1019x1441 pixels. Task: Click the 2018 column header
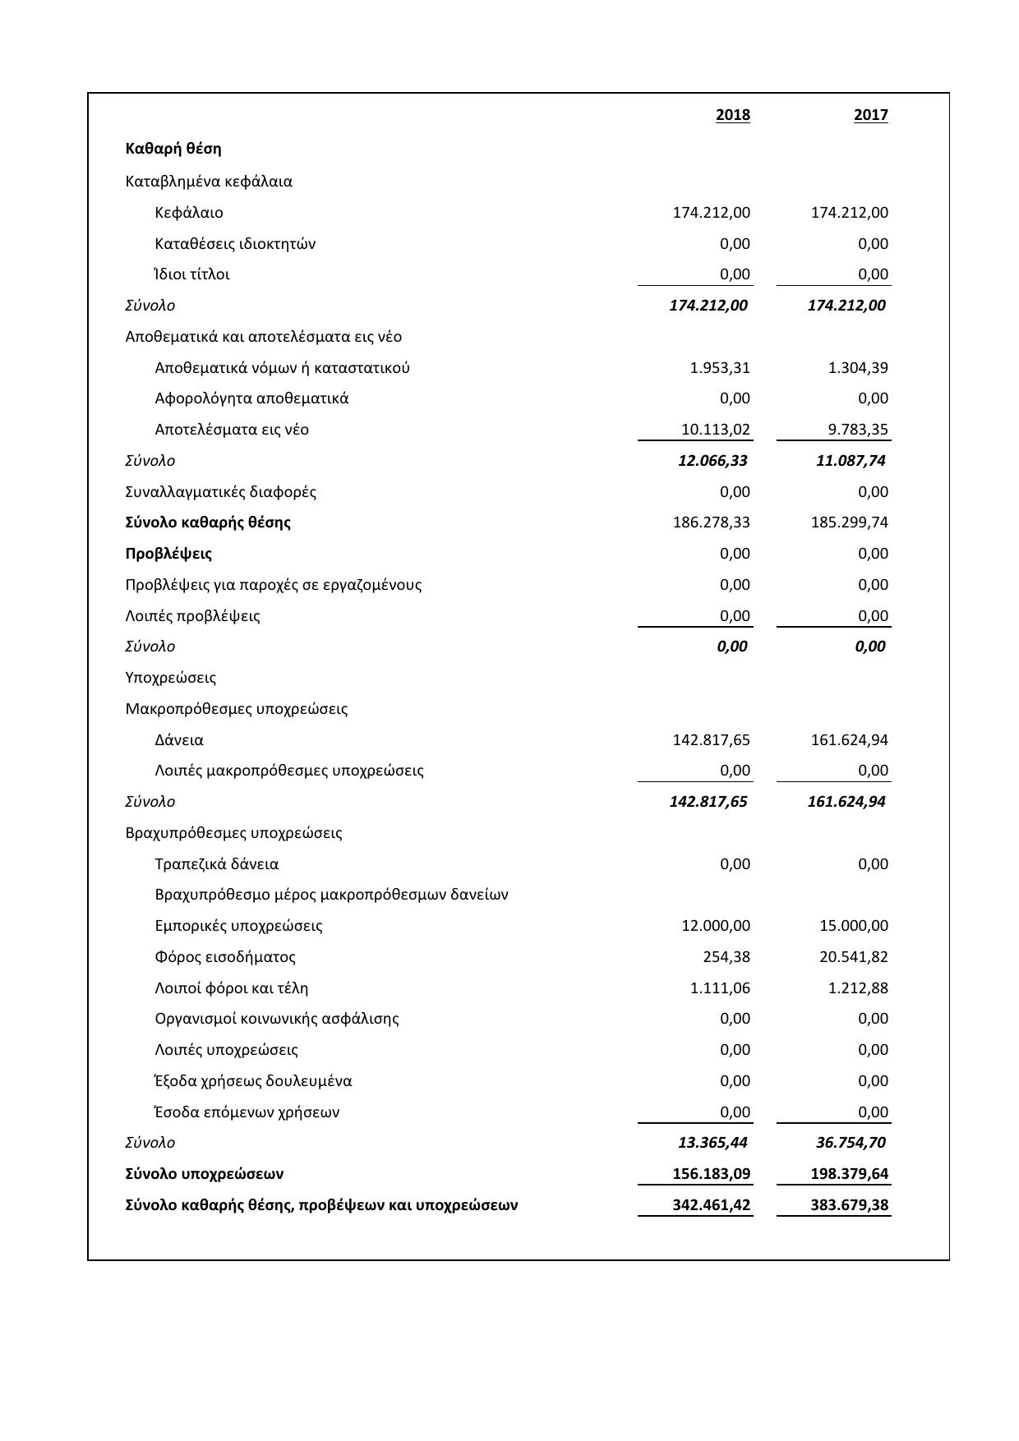pos(732,115)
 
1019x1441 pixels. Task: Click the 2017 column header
pos(870,115)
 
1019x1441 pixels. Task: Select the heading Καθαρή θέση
pos(173,149)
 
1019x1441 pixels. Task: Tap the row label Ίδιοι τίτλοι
pos(192,274)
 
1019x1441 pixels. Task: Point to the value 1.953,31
pos(720,368)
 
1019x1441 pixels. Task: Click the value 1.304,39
pos(858,368)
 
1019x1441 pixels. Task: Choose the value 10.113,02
pos(716,430)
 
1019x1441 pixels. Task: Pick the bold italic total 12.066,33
pos(712,461)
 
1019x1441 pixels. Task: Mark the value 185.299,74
pos(849,523)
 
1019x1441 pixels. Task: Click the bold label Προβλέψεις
pos(168,554)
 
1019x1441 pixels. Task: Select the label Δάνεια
pos(179,740)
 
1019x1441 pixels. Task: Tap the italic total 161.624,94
pos(846,802)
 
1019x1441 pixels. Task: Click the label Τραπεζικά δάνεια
pos(217,864)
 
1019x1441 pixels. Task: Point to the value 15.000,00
pos(854,926)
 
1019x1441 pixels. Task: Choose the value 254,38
pos(726,957)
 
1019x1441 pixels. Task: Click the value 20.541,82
pos(854,957)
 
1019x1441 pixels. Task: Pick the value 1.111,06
pos(720,988)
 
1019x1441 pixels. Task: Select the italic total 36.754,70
pos(851,1143)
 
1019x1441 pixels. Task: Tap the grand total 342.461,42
pos(712,1205)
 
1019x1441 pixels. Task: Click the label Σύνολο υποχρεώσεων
pos(205,1174)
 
